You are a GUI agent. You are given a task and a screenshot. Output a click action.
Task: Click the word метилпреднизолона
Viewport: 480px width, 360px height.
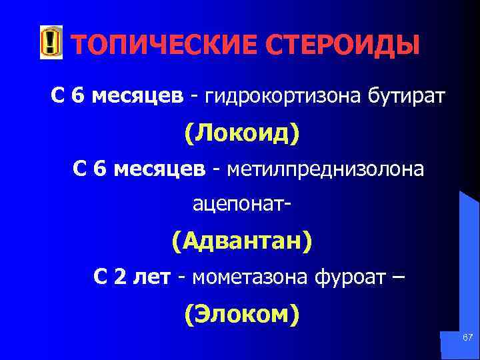[325, 170]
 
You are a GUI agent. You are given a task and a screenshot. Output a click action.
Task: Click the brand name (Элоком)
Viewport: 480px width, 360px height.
[241, 313]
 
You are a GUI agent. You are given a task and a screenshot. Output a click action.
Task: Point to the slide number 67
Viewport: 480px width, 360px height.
[467, 339]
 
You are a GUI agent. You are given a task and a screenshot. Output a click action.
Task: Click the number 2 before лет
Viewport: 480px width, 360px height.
[120, 277]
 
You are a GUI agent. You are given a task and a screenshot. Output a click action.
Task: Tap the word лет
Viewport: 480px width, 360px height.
[152, 277]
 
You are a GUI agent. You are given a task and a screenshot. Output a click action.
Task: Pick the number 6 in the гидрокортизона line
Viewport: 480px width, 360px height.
[78, 98]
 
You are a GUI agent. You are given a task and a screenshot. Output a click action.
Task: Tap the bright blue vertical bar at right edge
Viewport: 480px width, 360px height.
[469, 267]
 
